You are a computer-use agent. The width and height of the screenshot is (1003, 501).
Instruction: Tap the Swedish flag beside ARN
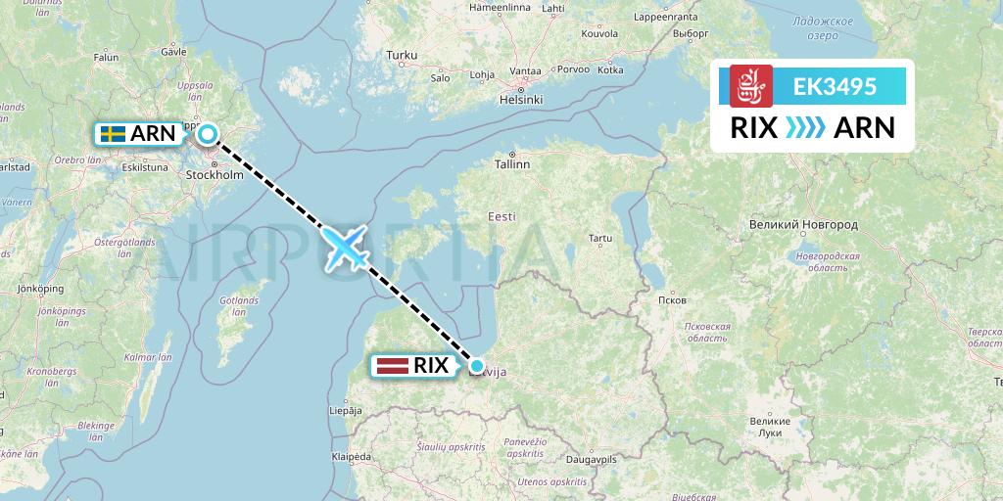tap(113, 134)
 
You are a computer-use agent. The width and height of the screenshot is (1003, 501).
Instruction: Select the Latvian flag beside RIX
tap(390, 367)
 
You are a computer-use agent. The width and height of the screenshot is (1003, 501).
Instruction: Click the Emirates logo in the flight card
tap(751, 86)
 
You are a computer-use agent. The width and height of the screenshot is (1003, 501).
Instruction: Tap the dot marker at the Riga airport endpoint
tap(478, 366)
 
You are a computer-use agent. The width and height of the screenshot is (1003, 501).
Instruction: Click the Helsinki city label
tap(521, 100)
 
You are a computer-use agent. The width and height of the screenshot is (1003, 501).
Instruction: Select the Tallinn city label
tap(512, 164)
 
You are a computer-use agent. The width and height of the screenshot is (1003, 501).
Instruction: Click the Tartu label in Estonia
tap(600, 238)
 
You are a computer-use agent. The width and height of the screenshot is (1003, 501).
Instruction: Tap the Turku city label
tap(402, 56)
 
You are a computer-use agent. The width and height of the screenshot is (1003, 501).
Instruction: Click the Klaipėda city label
tap(351, 456)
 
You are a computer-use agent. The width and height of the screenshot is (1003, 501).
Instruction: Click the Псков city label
tap(674, 299)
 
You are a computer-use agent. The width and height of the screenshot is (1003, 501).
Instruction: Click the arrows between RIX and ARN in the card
tap(806, 128)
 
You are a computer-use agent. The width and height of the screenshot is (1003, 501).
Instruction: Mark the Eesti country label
tap(502, 216)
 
